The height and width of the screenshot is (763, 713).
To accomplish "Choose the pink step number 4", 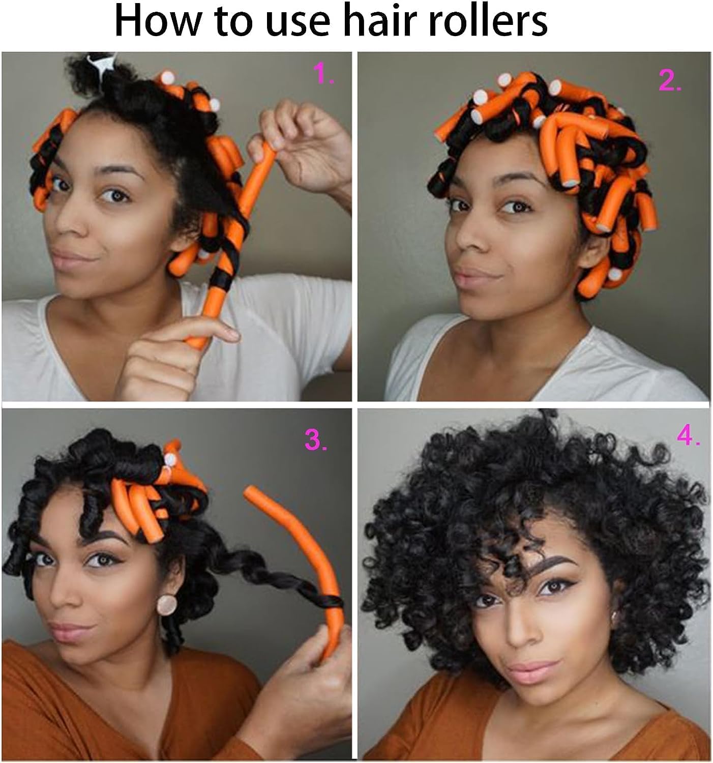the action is point(688,435).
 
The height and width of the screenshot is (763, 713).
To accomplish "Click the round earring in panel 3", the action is point(167,604).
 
